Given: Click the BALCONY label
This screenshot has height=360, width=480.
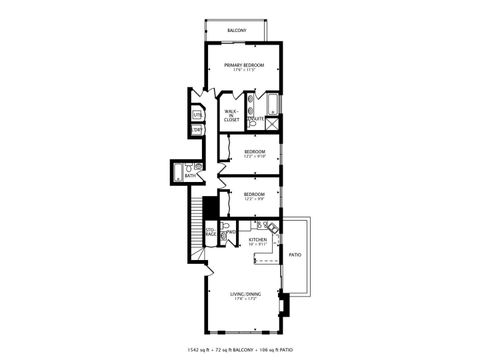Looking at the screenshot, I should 236,31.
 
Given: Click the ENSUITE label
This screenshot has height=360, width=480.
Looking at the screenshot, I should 255,119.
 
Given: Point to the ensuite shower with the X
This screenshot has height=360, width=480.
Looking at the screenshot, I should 273,123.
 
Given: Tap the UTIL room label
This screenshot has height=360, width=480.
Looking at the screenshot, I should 197,115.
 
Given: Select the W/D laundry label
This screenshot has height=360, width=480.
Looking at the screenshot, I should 197,130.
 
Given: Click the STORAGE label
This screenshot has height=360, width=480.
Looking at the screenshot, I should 210,233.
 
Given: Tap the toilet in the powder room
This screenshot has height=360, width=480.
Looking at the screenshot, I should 226,227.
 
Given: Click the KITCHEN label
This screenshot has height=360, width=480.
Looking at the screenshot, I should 257,240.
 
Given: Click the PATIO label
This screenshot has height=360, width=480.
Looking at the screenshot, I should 295,255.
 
